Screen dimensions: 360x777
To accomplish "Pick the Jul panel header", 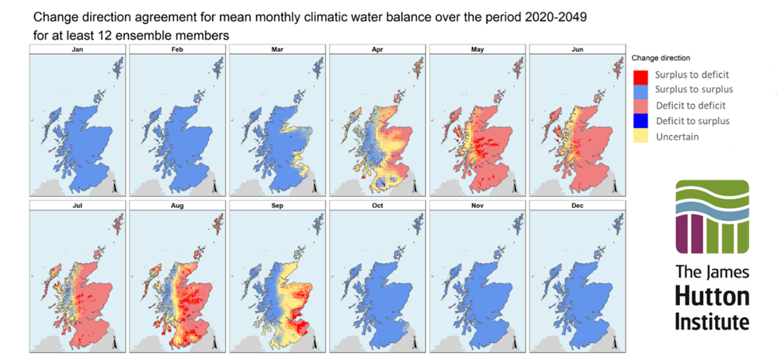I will point(78,205).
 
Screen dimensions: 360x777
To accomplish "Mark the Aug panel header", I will point(178,205).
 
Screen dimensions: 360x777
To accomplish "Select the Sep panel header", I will point(277,205).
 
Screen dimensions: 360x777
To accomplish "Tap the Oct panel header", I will point(378,205).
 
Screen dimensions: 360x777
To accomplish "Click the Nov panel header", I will point(477,205).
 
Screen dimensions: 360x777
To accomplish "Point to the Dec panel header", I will point(578,205).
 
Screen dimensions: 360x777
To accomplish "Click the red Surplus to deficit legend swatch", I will point(640,74).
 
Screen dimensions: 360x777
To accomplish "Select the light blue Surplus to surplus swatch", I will point(640,90).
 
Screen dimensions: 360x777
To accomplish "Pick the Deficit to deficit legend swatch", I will point(640,106).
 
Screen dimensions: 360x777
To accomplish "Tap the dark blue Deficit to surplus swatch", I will point(640,121).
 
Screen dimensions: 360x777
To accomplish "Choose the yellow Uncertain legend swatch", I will point(640,137).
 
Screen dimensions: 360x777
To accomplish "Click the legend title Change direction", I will point(661,58).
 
